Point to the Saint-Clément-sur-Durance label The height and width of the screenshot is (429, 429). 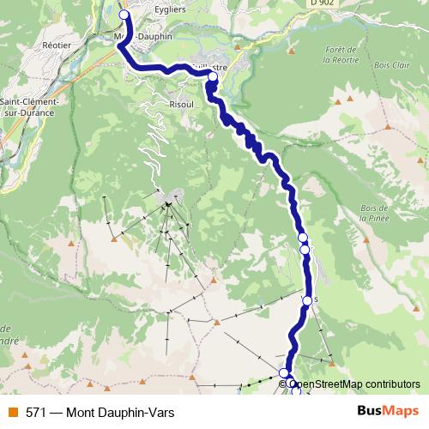(x=29, y=106)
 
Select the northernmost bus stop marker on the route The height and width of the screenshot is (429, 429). (x=124, y=15)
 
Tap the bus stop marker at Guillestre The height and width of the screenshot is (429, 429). (x=213, y=76)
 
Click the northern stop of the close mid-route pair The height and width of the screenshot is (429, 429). (x=302, y=237)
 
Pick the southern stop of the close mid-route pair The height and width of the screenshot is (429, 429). (x=305, y=250)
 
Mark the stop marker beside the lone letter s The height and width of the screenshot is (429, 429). (x=307, y=299)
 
